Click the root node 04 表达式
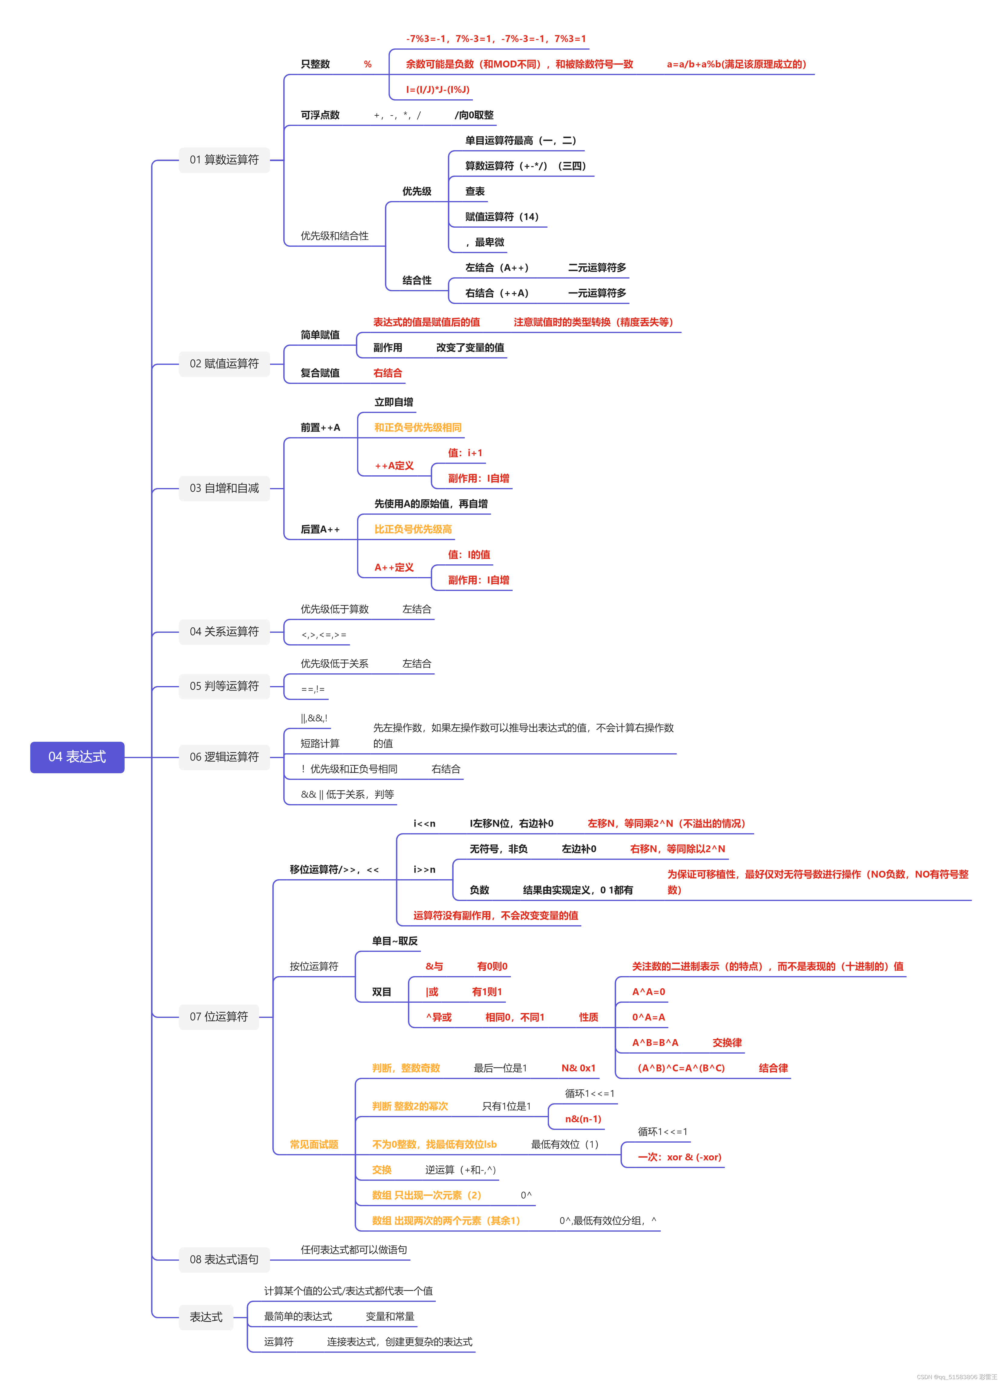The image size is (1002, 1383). (x=77, y=757)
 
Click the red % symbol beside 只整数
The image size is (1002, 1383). (x=367, y=64)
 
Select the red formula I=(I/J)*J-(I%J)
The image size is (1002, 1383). (x=438, y=90)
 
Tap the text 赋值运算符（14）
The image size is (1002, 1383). (x=502, y=216)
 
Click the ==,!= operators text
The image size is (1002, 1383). (x=313, y=689)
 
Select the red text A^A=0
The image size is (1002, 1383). (x=649, y=992)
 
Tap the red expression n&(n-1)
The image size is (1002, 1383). (x=583, y=1119)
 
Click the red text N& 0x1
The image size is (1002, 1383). (x=578, y=1068)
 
